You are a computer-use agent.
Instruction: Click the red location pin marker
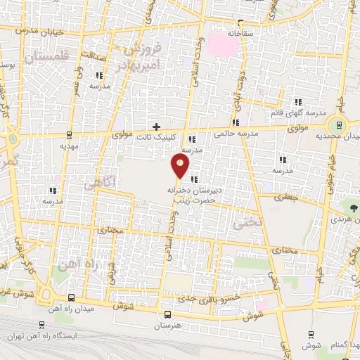pos(181,167)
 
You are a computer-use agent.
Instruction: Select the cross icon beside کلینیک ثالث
pos(165,126)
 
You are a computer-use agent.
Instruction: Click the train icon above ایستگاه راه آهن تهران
pos(42,325)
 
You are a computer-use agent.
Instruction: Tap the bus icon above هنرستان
pos(167,314)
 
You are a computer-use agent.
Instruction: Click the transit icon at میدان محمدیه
pos(340,125)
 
